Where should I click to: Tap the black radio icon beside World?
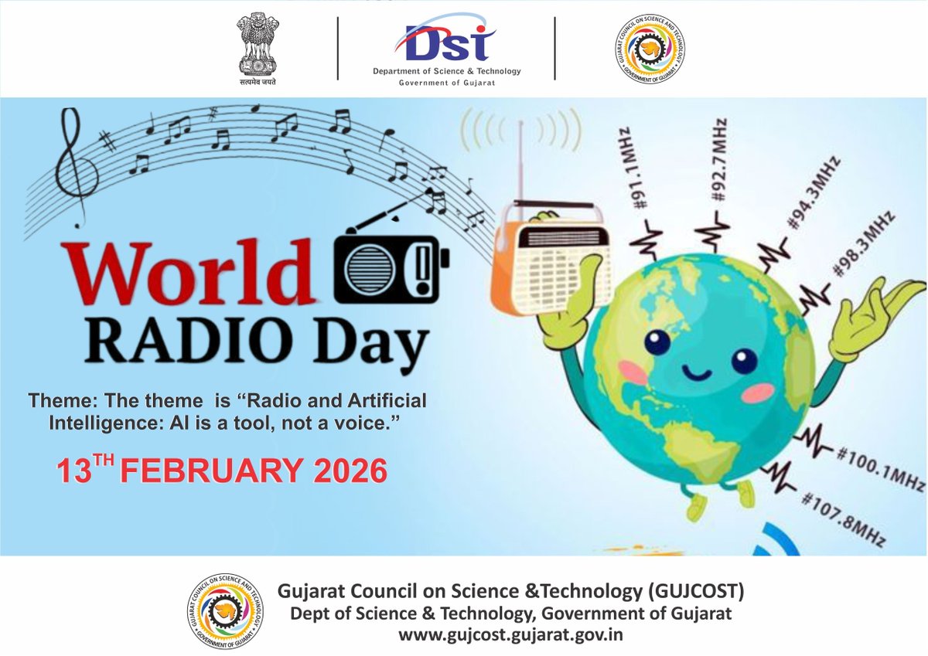click(x=391, y=264)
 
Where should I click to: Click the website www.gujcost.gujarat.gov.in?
click(x=511, y=635)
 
